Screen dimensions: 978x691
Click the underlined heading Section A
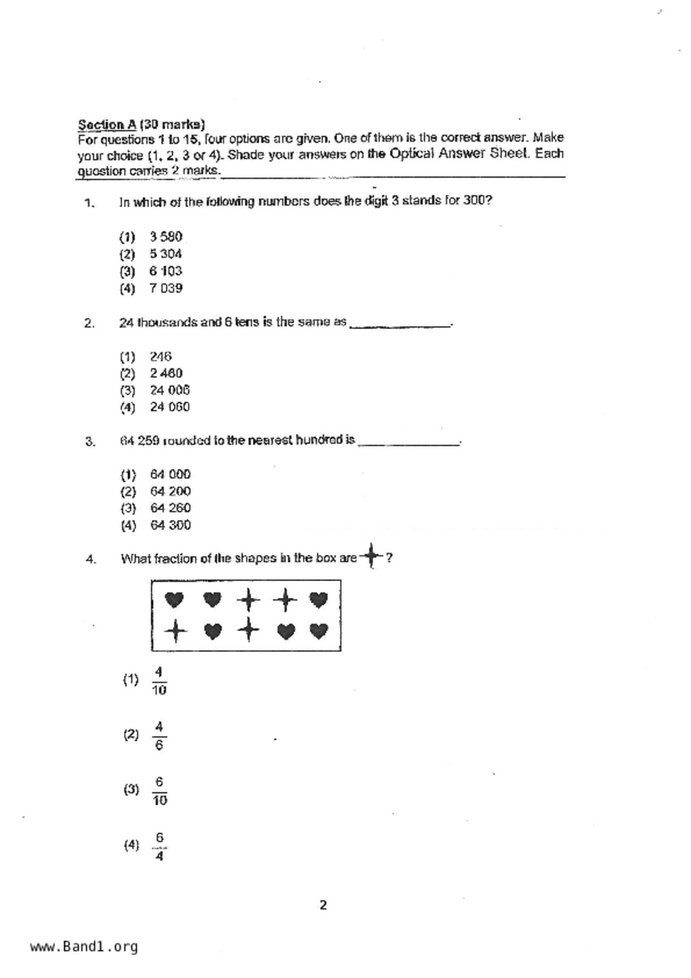click(x=107, y=124)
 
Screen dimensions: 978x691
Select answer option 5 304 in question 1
click(x=165, y=254)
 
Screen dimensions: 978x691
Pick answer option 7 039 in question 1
click(x=166, y=288)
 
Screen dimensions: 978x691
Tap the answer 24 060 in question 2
click(x=170, y=407)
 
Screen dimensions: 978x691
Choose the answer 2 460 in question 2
click(x=166, y=373)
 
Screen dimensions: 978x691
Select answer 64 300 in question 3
click(x=170, y=525)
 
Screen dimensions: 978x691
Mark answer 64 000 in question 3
click(x=170, y=475)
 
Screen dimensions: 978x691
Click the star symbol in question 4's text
click(x=371, y=556)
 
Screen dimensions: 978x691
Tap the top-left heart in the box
click(x=175, y=600)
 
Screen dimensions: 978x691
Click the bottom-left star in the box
click(x=175, y=631)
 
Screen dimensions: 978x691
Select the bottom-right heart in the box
click(x=318, y=631)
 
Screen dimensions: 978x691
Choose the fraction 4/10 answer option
click(x=159, y=681)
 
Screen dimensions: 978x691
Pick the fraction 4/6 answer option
click(x=159, y=735)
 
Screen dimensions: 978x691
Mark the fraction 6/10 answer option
click(x=159, y=791)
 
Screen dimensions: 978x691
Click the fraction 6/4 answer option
click(x=160, y=846)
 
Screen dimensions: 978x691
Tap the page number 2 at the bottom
click(x=323, y=905)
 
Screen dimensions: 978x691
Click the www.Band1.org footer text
click(x=84, y=947)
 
